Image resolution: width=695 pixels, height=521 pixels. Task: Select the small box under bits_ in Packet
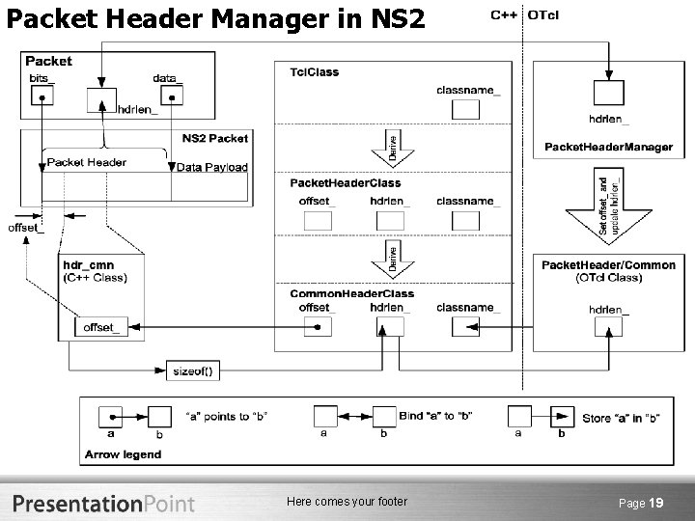[x=41, y=96]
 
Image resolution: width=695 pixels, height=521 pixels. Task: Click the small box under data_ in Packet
[x=172, y=95]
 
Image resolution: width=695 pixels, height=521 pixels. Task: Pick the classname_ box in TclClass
[x=466, y=109]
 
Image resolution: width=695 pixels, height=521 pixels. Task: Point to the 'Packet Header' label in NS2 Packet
[x=86, y=162]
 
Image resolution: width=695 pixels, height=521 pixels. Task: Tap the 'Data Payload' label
[x=212, y=167]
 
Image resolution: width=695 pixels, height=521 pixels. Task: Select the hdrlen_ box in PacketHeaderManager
[x=608, y=93]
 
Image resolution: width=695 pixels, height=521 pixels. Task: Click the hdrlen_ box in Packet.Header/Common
[x=608, y=327]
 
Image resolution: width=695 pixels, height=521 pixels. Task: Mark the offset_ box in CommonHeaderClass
[x=318, y=327]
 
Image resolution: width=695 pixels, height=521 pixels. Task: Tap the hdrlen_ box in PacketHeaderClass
[x=390, y=221]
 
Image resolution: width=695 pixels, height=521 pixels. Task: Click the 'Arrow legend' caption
[x=124, y=454]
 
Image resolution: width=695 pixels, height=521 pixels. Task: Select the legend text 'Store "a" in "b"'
[x=623, y=419]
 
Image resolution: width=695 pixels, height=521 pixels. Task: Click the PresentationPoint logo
[x=103, y=503]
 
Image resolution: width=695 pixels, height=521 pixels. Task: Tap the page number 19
[x=655, y=503]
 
